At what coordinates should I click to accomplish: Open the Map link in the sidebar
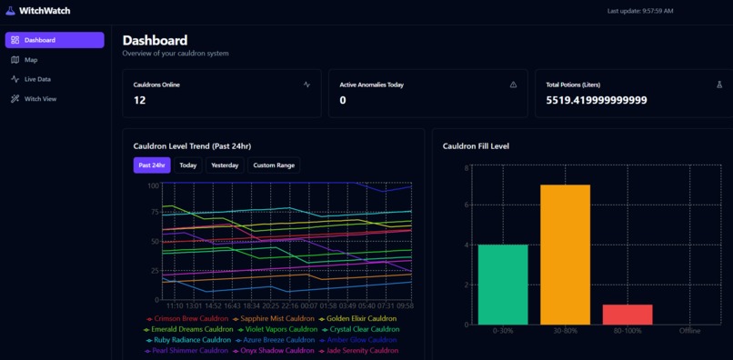coord(30,60)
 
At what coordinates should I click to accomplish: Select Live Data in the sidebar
coord(36,79)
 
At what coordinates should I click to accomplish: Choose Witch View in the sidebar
coord(39,99)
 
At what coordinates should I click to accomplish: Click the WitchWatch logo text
coord(45,11)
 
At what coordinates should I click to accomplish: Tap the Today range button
coord(188,165)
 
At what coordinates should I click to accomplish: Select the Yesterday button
coord(225,165)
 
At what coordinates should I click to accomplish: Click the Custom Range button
coord(274,165)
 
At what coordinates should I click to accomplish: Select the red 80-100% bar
coord(628,315)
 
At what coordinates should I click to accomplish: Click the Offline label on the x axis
coord(690,330)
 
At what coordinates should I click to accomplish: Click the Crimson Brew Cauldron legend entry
coord(187,319)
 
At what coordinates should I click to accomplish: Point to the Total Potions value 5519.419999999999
coord(597,100)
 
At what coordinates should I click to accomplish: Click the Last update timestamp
coord(640,11)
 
